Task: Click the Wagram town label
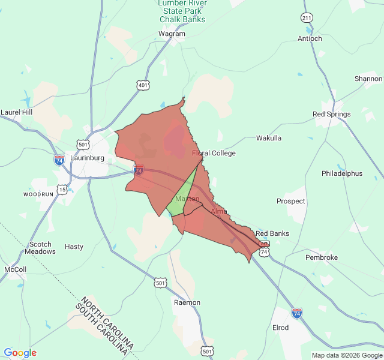172,34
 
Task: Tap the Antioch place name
310,38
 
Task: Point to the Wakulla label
269,138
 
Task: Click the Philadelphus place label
342,173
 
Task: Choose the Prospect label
290,202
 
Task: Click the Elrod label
280,328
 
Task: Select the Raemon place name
187,302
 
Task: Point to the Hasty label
74,247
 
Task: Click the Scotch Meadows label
41,248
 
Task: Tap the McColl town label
15,269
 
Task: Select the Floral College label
214,153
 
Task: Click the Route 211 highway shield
307,18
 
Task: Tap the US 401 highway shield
142,86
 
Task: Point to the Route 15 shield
62,190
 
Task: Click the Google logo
20,353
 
